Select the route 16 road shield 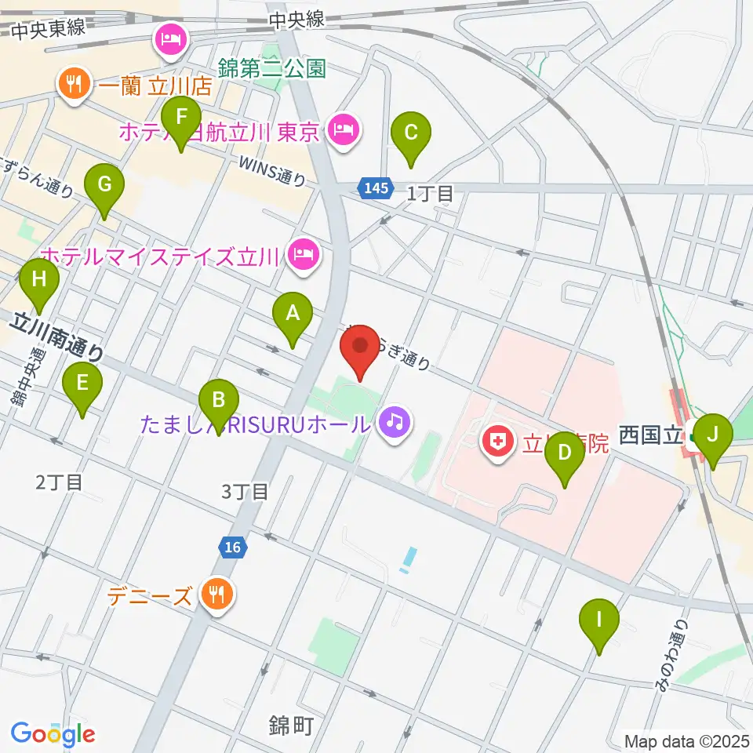(232, 547)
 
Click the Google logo (53, 734)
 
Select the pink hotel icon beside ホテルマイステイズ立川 (302, 254)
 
